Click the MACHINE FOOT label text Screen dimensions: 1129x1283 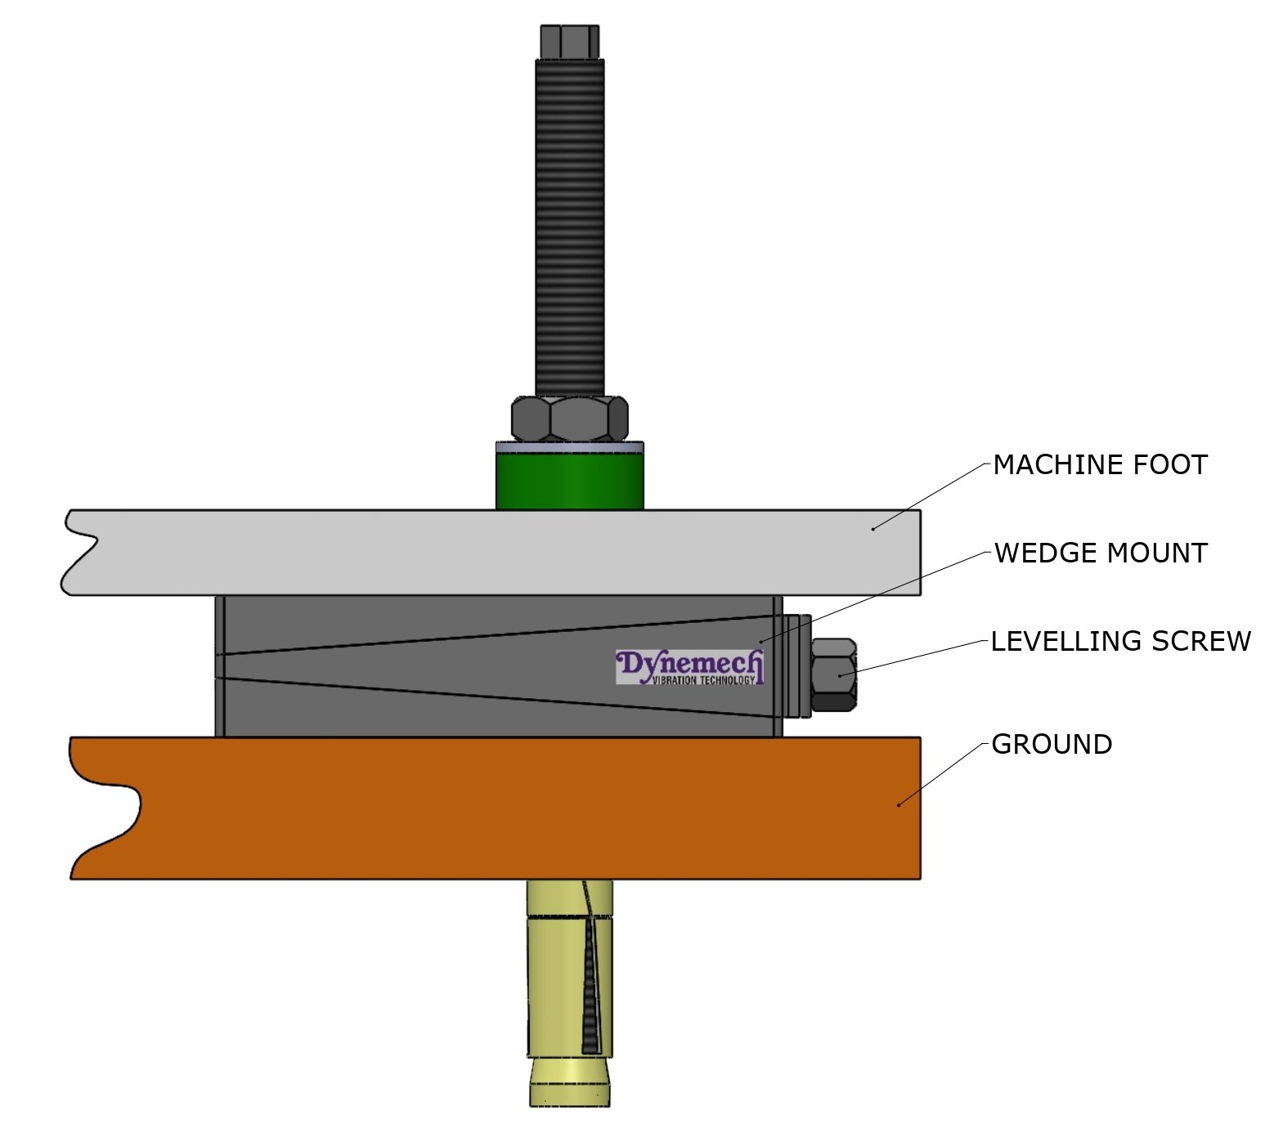tap(1099, 464)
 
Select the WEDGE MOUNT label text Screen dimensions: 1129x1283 tap(1100, 553)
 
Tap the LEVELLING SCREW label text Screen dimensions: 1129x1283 tap(1120, 641)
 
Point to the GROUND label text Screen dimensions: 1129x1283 tap(1051, 744)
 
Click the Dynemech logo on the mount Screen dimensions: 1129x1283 tap(689, 664)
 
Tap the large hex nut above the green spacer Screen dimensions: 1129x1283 tap(569, 419)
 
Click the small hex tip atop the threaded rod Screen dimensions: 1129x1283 tap(569, 41)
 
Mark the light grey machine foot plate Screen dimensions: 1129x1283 tap(491, 552)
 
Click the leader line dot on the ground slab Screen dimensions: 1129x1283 tap(899, 805)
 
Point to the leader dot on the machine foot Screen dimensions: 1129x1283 tap(873, 529)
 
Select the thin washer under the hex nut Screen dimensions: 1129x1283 tap(569, 446)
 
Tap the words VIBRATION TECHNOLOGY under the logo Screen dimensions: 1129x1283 tap(703, 680)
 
